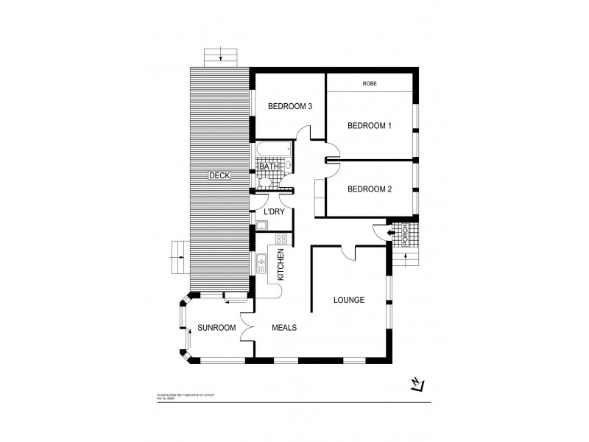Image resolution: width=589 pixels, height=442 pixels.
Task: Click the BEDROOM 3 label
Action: coord(290,106)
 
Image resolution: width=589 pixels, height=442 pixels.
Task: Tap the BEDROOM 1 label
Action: coord(369,126)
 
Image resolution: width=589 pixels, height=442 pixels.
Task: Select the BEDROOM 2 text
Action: coord(369,189)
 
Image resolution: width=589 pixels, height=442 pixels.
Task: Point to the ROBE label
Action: coord(370,84)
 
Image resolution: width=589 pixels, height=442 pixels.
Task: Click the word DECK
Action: coord(219,175)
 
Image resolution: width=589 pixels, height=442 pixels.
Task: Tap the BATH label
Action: coord(269,166)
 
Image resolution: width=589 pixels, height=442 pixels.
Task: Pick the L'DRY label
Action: coord(274,212)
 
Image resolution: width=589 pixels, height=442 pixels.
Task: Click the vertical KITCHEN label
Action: coord(281,264)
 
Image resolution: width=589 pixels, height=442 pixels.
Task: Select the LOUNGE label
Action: coord(349,300)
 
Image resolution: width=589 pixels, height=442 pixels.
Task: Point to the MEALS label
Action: coord(284,328)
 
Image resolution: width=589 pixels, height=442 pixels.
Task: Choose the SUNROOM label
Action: coord(216,328)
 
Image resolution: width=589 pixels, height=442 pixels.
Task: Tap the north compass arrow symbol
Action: coord(417,385)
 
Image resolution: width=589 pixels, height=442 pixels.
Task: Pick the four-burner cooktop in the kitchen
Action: coord(281,238)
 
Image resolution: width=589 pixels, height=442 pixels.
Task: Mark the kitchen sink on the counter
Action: coord(261,262)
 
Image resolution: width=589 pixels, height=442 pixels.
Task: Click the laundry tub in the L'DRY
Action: coord(261,226)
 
